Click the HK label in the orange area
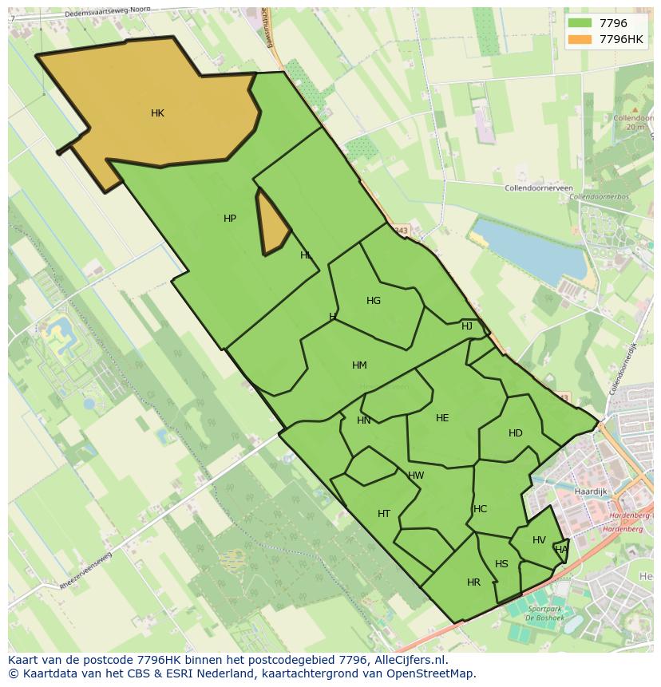(157, 113)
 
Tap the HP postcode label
(230, 219)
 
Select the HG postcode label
(374, 301)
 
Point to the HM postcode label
(359, 365)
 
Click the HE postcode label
(442, 418)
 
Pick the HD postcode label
(516, 433)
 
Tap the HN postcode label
(364, 420)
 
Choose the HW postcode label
(416, 476)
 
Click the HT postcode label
(384, 514)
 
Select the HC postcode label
(480, 509)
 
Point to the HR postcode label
(473, 582)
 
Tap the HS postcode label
(501, 564)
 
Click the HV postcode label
(539, 540)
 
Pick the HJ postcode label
(467, 326)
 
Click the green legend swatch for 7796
(580, 24)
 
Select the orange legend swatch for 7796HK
(580, 39)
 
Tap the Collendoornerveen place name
(539, 188)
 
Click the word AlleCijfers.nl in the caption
(410, 661)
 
